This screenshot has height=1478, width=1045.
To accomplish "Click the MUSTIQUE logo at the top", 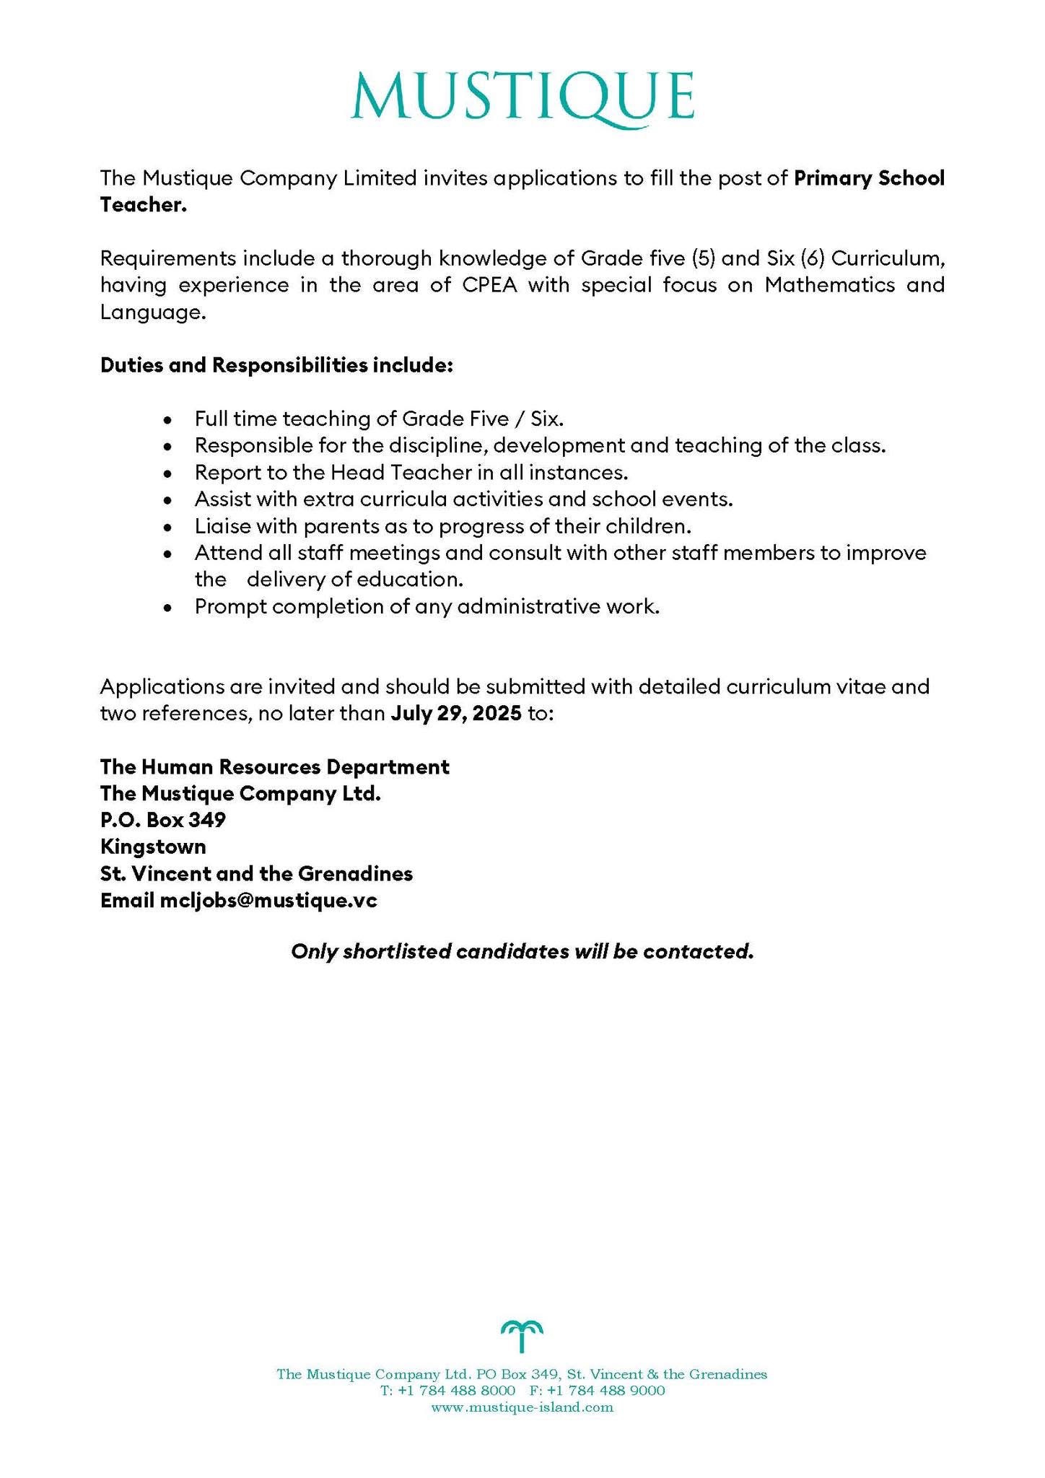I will tap(522, 97).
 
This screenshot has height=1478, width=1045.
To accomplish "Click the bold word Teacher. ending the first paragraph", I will tap(143, 206).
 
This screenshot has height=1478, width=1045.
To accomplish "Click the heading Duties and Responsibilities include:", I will tap(276, 365).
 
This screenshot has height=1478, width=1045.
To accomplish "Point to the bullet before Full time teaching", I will tap(167, 419).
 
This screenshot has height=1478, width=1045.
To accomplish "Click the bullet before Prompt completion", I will tap(167, 608).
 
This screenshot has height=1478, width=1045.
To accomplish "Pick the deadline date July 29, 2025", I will tap(456, 714).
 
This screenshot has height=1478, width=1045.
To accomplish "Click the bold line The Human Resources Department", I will tap(274, 766).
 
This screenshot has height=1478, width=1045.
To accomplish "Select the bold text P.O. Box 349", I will tap(163, 820).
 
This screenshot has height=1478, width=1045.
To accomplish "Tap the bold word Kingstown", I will tap(153, 847).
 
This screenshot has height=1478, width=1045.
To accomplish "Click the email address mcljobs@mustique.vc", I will tap(268, 901).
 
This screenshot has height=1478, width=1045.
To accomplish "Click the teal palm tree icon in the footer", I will tap(522, 1336).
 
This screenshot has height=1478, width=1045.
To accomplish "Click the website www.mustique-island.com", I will tap(522, 1407).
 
